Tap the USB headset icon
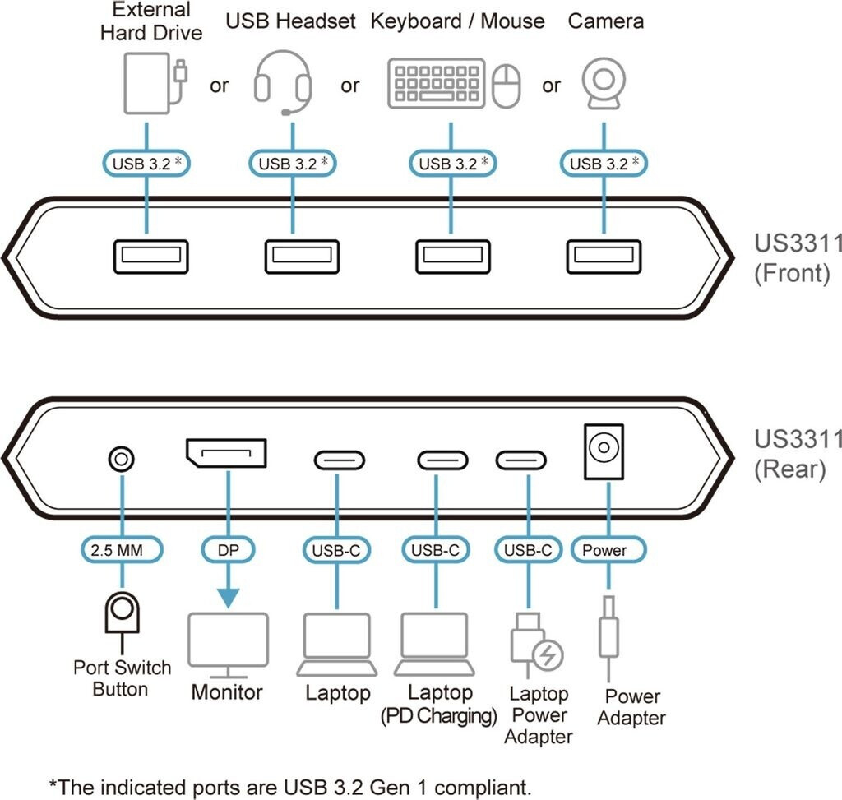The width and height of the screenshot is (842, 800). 283,82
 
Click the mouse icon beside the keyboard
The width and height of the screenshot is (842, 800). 507,86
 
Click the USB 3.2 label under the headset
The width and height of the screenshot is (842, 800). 294,163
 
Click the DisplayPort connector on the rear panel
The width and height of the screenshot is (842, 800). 226,455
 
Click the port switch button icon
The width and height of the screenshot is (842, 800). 122,613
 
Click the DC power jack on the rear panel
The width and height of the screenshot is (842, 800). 604,451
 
